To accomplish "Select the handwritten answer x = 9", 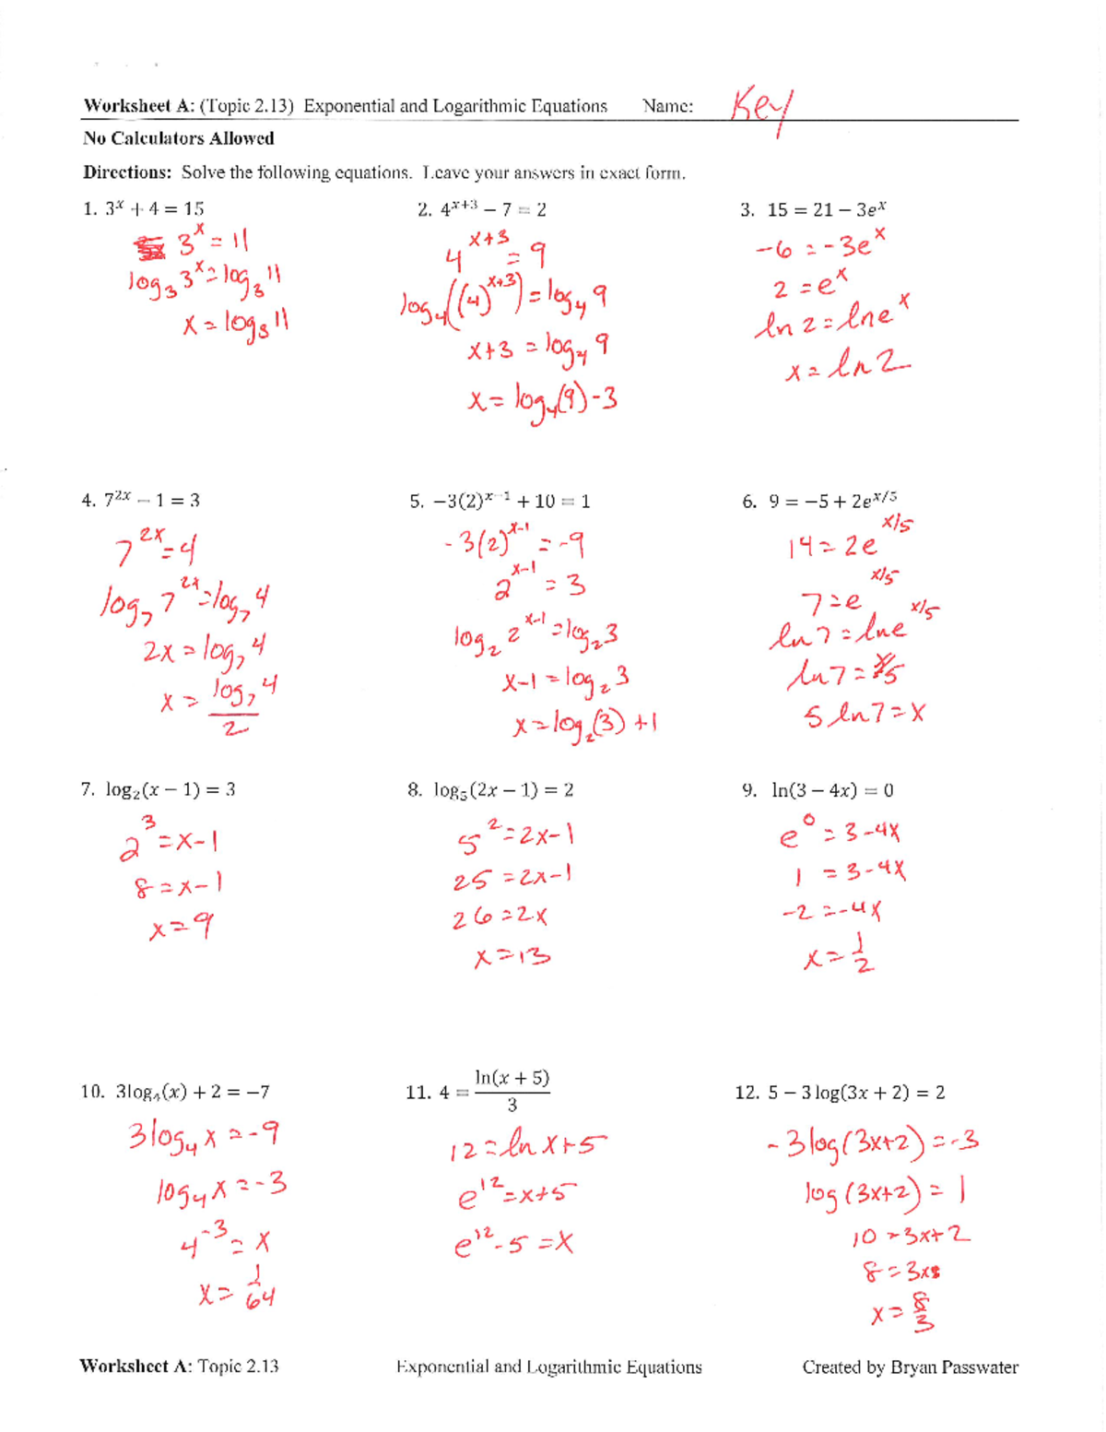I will [182, 927].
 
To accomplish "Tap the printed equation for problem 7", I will [171, 790].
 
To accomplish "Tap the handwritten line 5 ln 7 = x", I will [864, 715].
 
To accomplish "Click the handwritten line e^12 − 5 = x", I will [513, 1245].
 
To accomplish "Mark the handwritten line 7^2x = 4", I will [157, 550].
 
